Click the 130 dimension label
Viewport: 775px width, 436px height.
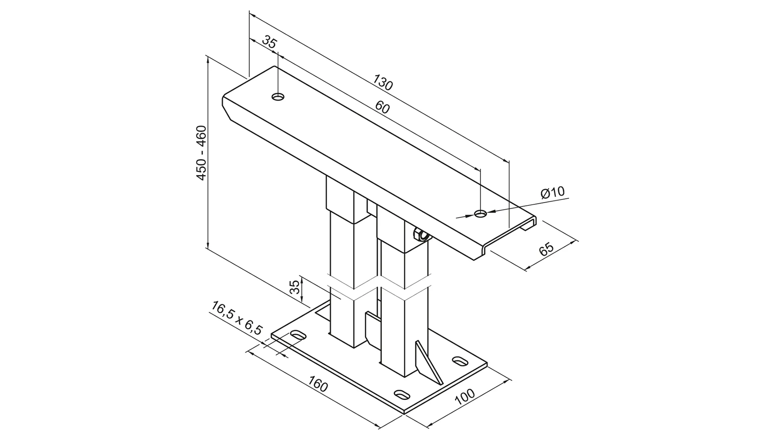tap(382, 82)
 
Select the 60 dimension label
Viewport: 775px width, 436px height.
tap(382, 107)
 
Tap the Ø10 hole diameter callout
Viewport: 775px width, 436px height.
tap(553, 193)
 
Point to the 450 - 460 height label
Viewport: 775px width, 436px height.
tap(201, 153)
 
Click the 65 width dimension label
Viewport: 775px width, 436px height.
tap(547, 249)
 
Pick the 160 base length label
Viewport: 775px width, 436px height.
tap(318, 384)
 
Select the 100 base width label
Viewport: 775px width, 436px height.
tap(465, 397)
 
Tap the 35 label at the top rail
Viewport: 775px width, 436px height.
tap(269, 42)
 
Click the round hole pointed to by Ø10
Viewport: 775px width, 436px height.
tap(480, 214)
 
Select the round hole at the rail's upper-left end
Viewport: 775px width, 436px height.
tap(278, 97)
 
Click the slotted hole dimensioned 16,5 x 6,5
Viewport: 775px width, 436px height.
tap(298, 335)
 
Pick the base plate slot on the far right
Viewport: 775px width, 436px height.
tap(459, 361)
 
